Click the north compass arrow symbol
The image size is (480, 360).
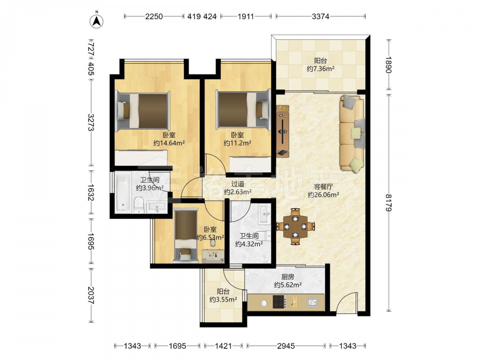click(96, 21)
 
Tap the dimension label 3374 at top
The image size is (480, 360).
click(321, 16)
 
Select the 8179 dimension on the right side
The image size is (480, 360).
click(388, 203)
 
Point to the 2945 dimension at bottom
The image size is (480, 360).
click(286, 346)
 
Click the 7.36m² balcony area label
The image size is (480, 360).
click(321, 69)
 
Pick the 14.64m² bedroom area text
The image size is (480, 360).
click(169, 143)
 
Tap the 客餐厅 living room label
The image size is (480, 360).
click(323, 187)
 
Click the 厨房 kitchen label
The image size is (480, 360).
click(288, 277)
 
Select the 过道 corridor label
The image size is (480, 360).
click(238, 184)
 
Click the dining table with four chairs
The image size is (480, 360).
click(295, 227)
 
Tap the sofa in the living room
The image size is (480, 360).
click(352, 133)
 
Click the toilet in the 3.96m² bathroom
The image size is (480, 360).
click(139, 205)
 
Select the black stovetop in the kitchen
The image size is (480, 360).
click(278, 301)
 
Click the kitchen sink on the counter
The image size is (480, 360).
click(312, 302)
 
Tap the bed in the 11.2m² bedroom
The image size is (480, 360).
click(243, 109)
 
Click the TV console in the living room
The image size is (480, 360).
click(283, 131)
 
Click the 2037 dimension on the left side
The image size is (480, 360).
click(91, 295)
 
